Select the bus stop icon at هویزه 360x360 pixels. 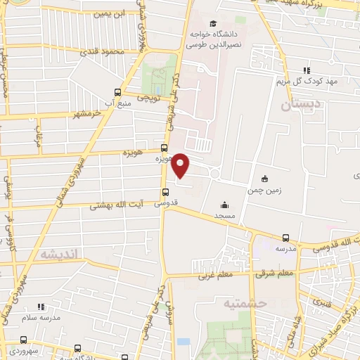pos(165,148)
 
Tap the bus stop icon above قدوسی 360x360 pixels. pos(166,192)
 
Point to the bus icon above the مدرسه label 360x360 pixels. pos(285,238)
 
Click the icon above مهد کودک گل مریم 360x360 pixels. pos(307,70)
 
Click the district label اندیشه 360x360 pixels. pos(62,253)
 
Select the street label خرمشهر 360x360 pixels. pos(68,114)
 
